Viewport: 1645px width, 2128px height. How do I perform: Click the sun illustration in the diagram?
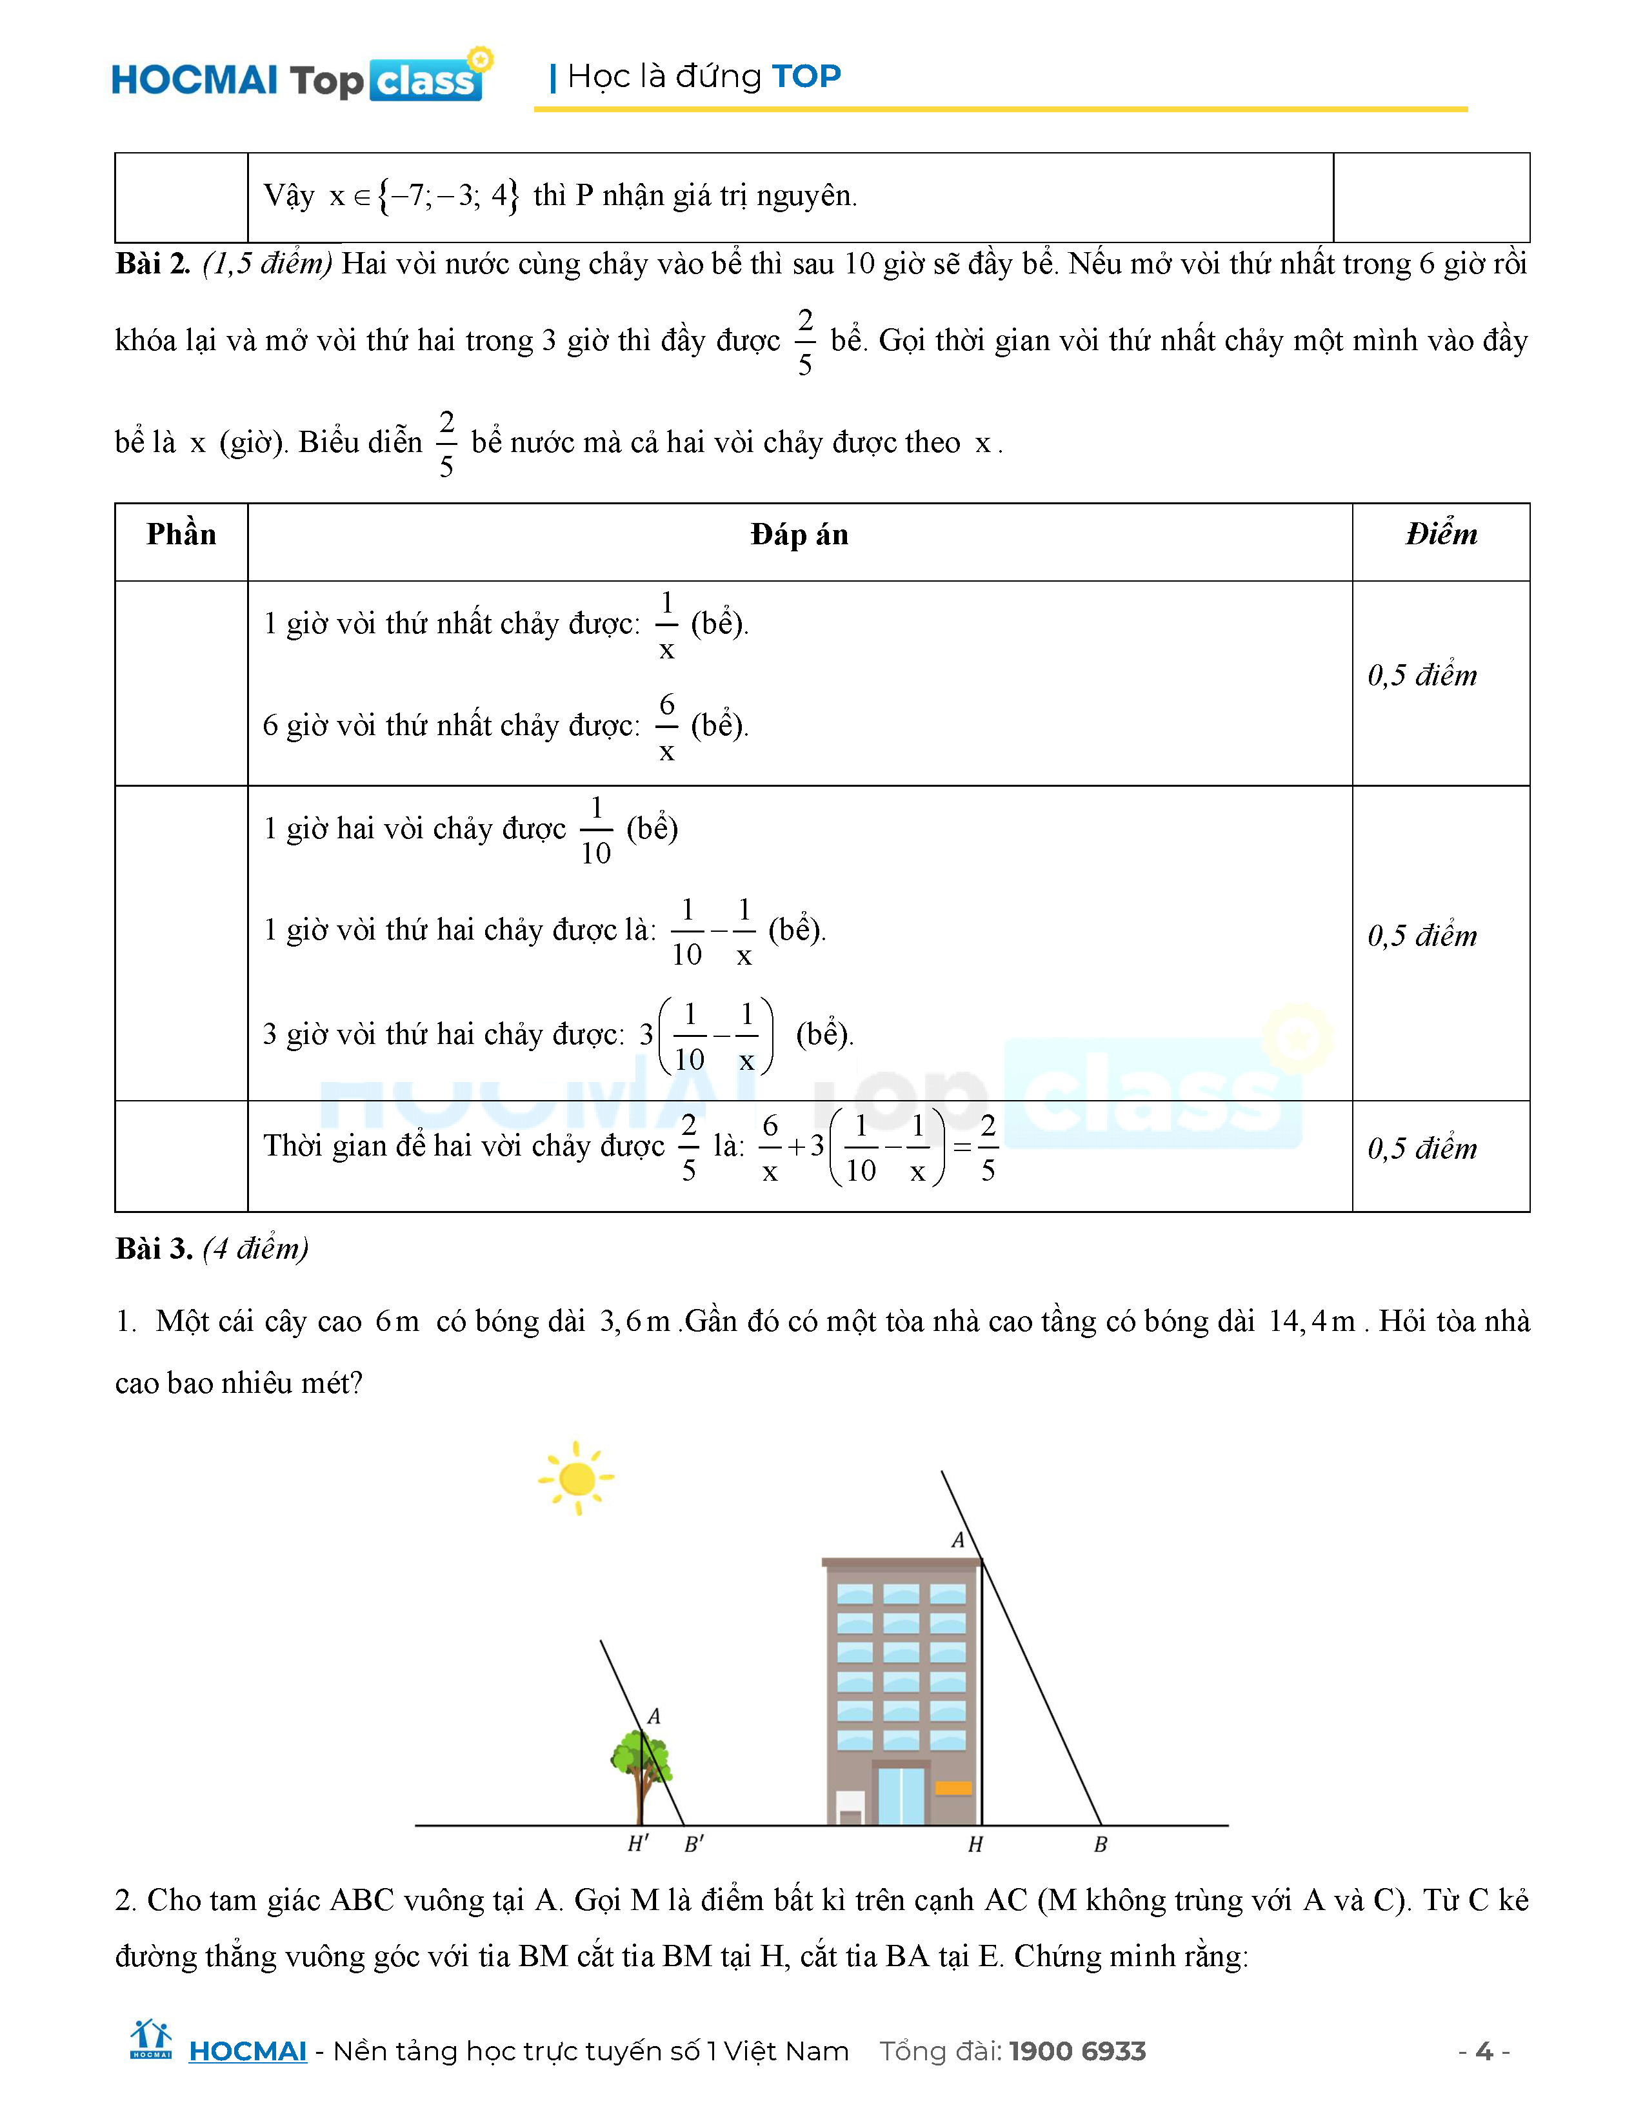coord(577,1479)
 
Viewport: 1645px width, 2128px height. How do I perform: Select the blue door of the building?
coord(901,1795)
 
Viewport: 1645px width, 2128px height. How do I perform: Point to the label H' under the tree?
coord(638,1844)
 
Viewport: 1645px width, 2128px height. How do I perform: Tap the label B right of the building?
coord(1101,1844)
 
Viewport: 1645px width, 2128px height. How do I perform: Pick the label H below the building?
coord(975,1844)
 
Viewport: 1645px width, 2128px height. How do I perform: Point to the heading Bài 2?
coord(153,264)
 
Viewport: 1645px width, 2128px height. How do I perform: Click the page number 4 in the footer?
coord(1483,2051)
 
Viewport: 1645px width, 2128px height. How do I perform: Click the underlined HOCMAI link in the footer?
coord(248,2051)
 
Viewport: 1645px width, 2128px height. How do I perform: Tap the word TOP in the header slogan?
coord(806,76)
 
